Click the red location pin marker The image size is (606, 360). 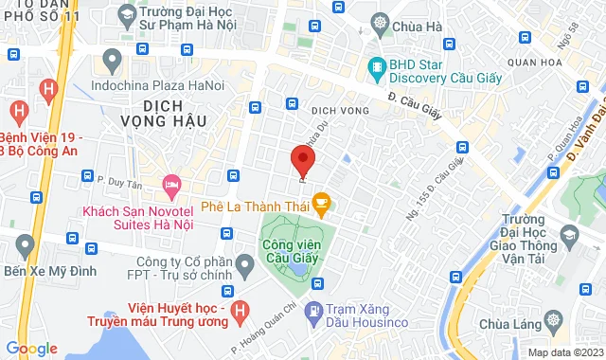coord(302,162)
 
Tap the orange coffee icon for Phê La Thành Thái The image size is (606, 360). coord(321,201)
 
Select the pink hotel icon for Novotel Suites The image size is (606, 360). coord(171,183)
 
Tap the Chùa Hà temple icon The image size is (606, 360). coord(380,24)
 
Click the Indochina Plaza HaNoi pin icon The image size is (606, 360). coord(113,63)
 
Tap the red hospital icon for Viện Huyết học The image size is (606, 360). coord(241,309)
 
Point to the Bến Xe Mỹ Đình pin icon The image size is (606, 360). coord(26,247)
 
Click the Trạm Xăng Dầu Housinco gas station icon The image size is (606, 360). coord(316,310)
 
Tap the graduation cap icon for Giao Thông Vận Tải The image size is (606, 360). coord(566,234)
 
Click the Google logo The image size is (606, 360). coord(31,348)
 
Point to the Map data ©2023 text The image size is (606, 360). coord(564,352)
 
